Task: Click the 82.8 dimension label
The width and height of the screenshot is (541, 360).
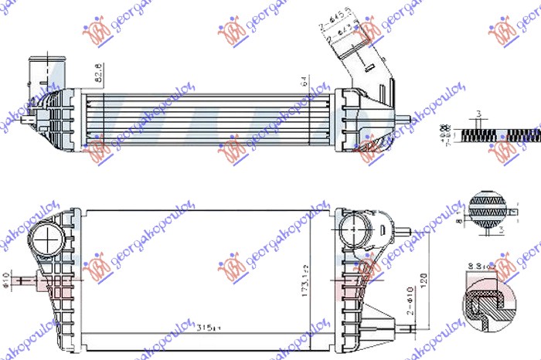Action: (97, 74)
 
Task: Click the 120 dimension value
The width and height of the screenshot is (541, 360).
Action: (423, 278)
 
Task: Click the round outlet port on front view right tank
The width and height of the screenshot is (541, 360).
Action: (354, 228)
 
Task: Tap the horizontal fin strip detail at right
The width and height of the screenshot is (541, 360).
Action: (502, 132)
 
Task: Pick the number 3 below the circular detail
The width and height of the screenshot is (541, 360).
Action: (500, 230)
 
